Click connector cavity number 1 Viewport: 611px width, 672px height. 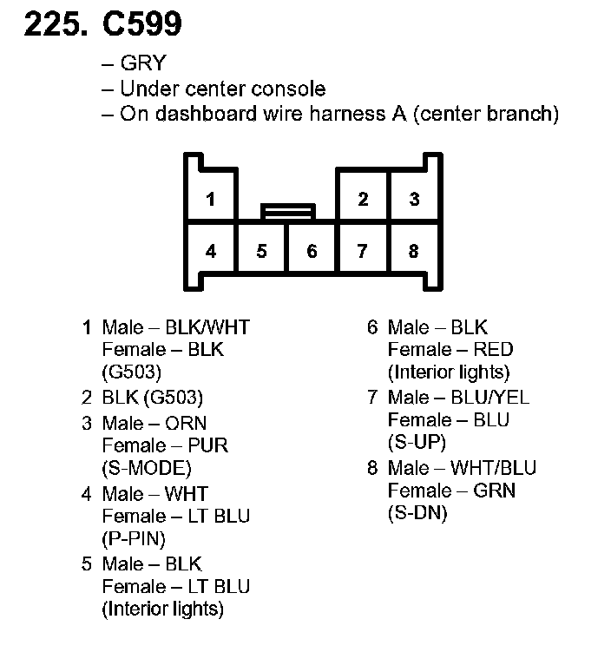(210, 199)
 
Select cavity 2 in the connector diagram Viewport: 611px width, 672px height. (363, 199)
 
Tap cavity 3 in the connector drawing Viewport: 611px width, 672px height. (414, 199)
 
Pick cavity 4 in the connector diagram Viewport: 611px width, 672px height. (210, 252)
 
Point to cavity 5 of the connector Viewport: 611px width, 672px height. (261, 252)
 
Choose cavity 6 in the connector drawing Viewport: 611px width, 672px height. (312, 252)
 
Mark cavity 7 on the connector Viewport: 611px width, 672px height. (363, 252)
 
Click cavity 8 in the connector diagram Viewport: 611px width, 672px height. (414, 252)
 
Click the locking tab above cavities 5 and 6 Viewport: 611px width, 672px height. (287, 210)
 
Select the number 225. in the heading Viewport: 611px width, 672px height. (55, 25)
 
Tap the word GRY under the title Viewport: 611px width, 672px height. (143, 64)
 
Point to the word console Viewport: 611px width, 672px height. (291, 89)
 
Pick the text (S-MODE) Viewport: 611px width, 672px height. (147, 468)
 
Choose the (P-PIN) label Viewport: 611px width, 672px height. (134, 538)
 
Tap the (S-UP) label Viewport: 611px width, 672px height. (417, 442)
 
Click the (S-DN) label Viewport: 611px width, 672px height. (417, 513)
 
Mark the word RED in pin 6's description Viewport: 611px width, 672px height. (494, 350)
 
